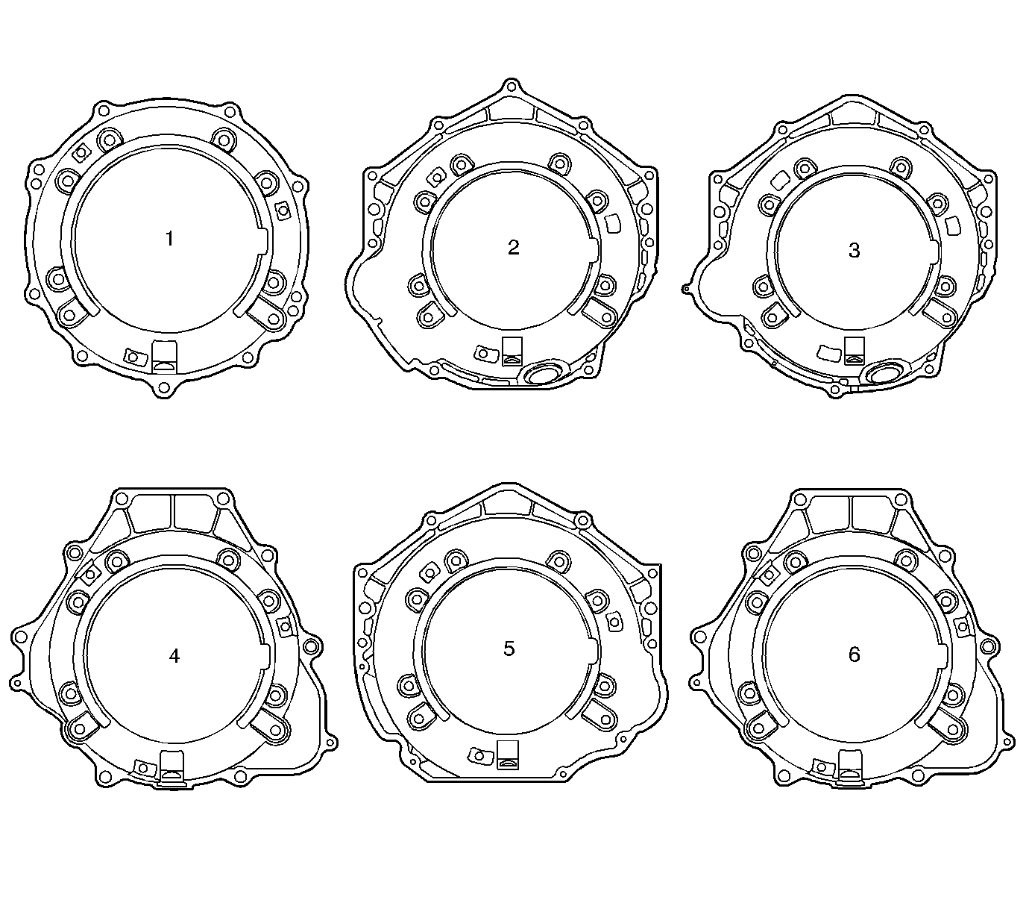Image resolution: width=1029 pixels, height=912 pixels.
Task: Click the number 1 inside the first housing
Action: pos(170,239)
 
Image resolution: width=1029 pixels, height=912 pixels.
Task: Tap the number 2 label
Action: pos(514,248)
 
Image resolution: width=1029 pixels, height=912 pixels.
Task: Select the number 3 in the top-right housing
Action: pos(855,251)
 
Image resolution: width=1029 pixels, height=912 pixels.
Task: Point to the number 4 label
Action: pos(174,656)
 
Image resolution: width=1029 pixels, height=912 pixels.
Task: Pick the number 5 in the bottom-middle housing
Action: pos(509,649)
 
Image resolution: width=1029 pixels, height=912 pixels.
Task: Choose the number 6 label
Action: pos(855,655)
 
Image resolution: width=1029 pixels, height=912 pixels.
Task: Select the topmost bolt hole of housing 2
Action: pos(511,85)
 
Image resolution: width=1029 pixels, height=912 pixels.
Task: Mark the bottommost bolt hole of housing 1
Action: pos(163,388)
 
